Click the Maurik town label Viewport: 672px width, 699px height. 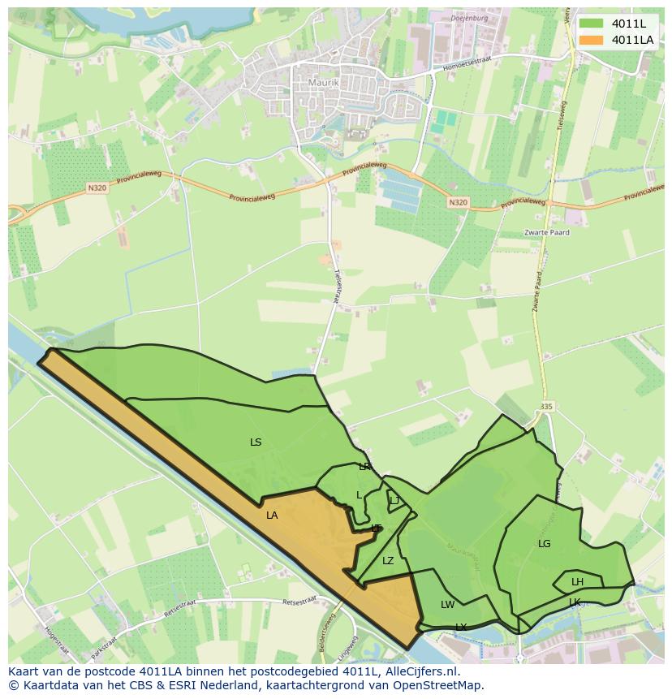click(322, 83)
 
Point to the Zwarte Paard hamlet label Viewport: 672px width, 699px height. click(546, 232)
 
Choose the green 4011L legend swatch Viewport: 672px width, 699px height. click(592, 24)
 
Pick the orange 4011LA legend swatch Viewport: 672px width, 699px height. click(592, 40)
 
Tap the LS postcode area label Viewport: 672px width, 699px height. click(256, 442)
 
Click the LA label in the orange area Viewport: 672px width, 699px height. click(272, 516)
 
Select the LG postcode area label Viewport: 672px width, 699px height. click(544, 544)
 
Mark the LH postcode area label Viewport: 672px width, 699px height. click(577, 582)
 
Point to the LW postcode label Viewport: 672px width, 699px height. click(447, 605)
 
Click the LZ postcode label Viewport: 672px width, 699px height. click(388, 561)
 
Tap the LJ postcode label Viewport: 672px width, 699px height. click(394, 501)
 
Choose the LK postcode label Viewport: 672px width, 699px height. click(575, 602)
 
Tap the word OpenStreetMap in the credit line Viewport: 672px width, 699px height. click(438, 685)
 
